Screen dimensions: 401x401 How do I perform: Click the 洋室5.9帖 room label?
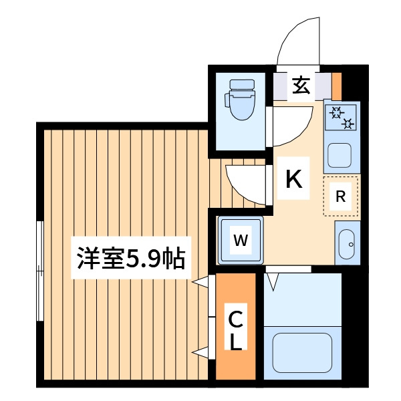pos(131,258)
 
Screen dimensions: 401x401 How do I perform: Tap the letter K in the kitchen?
pos(294,178)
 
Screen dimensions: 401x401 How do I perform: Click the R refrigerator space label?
pos(340,196)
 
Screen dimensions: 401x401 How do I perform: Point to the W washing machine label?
pos(241,240)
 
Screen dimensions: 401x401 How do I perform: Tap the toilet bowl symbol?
pos(240,100)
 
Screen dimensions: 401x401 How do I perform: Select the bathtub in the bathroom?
pos(302,352)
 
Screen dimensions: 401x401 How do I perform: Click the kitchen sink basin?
pos(340,155)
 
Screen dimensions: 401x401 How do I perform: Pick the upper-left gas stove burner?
pos(336,112)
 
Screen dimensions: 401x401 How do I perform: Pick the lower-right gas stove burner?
pos(348,124)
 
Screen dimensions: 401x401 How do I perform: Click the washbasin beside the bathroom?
pos(346,244)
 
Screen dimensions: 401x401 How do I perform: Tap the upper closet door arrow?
pos(200,282)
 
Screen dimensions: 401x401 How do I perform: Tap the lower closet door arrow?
pos(200,353)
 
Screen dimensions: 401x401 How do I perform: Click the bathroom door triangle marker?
pos(273,282)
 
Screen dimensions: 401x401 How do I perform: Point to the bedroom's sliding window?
pos(40,271)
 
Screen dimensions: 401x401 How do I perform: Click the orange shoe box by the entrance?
pos(337,86)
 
